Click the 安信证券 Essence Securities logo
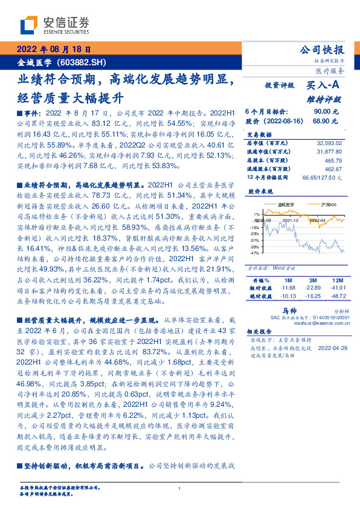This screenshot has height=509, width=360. (55, 25)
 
